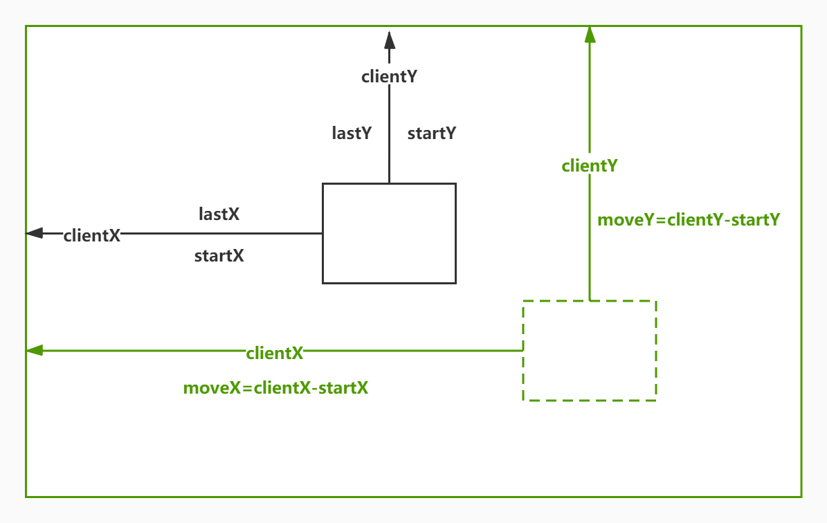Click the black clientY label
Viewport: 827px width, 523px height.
click(x=389, y=77)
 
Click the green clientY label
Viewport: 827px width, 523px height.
click(x=590, y=166)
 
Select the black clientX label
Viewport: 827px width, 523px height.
click(x=92, y=235)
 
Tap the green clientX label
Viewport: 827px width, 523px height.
click(x=275, y=354)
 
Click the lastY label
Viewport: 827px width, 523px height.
click(x=352, y=134)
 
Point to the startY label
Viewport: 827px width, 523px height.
click(x=432, y=134)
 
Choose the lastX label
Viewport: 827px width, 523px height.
click(x=219, y=214)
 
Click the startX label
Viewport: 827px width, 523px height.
click(x=219, y=256)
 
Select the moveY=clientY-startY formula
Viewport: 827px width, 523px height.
click(x=689, y=220)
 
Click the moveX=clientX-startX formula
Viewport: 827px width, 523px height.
click(x=275, y=388)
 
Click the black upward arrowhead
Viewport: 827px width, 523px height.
click(x=389, y=38)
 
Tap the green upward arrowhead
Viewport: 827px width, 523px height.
click(x=590, y=35)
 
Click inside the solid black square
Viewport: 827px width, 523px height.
click(x=389, y=233)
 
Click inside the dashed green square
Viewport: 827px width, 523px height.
click(x=589, y=351)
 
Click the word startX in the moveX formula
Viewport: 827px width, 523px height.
click(x=343, y=388)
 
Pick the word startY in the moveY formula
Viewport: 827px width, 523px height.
click(x=755, y=220)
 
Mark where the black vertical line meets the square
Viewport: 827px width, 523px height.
click(x=389, y=183)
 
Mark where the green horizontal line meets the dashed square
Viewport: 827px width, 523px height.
click(x=522, y=351)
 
